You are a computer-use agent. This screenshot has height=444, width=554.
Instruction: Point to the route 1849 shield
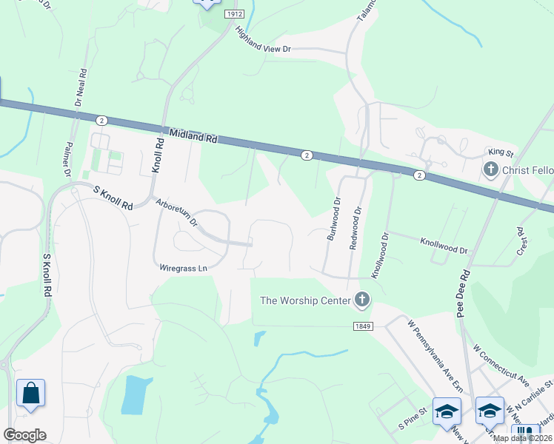coord(362,326)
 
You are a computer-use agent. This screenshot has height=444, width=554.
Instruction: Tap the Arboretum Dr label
coord(176,212)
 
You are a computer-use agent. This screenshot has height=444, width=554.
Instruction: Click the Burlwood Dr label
coord(333,219)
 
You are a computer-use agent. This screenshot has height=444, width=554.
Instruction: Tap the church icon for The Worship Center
coord(361,300)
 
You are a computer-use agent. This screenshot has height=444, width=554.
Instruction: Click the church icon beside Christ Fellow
coord(490,170)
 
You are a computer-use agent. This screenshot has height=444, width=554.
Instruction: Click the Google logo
coord(24,434)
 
